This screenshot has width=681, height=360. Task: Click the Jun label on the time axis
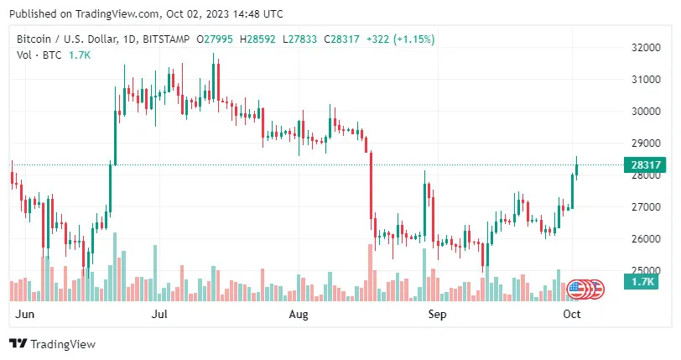tap(26, 315)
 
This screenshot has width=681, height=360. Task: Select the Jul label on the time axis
tap(159, 315)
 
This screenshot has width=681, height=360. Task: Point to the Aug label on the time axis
tap(299, 315)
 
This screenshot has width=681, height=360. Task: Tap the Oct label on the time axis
tap(572, 315)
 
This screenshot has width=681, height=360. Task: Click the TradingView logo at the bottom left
tap(52, 344)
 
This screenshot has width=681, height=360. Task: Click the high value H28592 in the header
tap(260, 39)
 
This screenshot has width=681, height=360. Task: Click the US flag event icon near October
tap(576, 289)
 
